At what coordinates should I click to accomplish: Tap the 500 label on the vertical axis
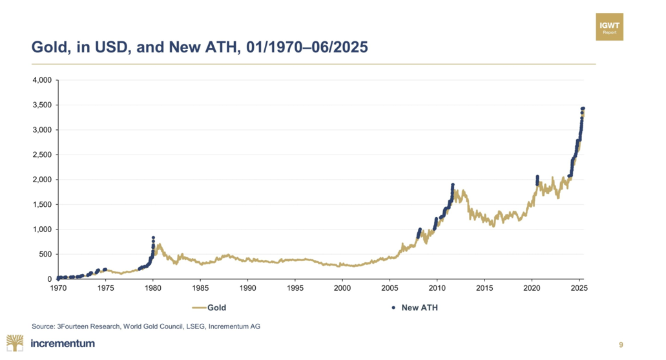[x=45, y=254]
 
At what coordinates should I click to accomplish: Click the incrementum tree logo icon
[x=16, y=343]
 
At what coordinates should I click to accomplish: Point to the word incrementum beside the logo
[x=63, y=343]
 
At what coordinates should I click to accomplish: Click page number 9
[x=621, y=344]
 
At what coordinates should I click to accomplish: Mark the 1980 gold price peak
[x=153, y=238]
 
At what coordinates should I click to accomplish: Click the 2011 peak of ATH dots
[x=453, y=185]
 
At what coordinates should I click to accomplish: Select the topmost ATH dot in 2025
[x=583, y=109]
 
